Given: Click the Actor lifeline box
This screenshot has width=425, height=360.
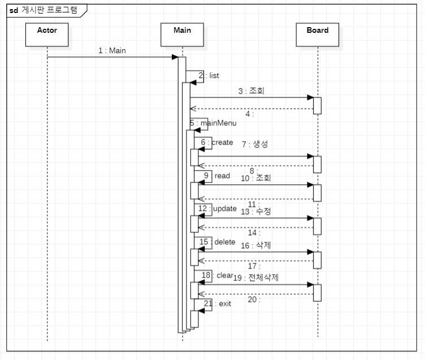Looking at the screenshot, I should [47, 34].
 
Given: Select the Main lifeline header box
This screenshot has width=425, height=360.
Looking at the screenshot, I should [182, 34].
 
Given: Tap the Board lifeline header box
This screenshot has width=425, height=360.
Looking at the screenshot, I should [318, 34].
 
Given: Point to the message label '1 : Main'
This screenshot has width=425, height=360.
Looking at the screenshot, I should [112, 50].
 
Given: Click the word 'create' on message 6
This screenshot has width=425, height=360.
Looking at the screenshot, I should [222, 142].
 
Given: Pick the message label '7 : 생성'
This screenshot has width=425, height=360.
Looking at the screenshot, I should [255, 144].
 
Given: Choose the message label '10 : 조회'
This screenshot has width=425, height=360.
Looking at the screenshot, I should [255, 178].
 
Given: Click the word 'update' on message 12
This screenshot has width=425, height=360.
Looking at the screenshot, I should [224, 209].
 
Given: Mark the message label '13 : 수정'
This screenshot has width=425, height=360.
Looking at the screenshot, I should [255, 211].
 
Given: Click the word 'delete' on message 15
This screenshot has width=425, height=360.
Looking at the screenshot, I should [224, 242].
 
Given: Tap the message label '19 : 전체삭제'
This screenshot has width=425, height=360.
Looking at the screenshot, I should [256, 278].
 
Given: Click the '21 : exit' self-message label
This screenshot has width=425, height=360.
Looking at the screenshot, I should [218, 304].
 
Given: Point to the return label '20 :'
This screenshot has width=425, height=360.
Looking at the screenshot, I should [254, 300].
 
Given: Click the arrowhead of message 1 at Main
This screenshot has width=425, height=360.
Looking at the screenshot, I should [175, 57].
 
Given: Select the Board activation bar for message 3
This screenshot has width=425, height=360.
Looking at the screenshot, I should [317, 105].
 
